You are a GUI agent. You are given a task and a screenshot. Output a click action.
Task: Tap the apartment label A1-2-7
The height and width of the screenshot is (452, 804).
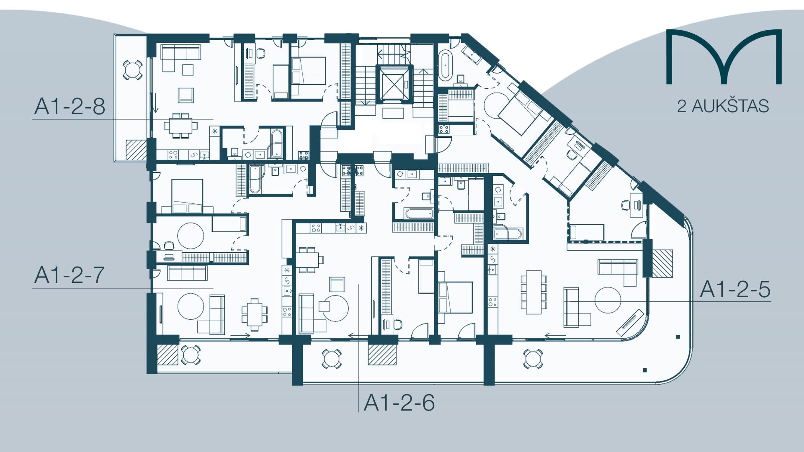point(70,275)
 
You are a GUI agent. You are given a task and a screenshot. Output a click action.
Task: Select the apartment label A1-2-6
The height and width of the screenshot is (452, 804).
point(399,403)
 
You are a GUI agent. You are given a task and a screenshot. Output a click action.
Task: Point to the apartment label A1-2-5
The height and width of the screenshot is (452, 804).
point(735,290)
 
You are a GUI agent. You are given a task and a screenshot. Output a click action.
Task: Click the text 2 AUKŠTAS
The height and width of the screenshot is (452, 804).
point(723,106)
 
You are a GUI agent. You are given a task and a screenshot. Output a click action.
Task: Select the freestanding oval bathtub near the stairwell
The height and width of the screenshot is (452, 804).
point(445,65)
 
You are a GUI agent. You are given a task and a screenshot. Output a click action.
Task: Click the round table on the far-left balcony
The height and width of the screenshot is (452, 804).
point(132,69)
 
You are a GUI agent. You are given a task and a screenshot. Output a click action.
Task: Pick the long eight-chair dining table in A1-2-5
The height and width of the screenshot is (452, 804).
point(533,292)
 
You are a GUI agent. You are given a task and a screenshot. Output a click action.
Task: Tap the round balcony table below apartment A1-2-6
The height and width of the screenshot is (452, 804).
point(331,359)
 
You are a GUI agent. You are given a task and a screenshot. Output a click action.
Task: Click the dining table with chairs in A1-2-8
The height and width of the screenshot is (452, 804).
point(180,125)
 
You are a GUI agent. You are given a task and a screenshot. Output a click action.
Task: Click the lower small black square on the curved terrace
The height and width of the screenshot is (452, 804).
point(645,370)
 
